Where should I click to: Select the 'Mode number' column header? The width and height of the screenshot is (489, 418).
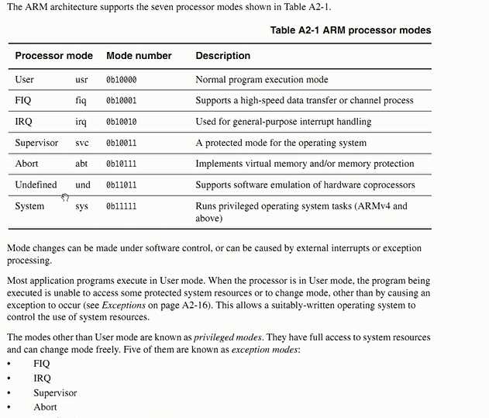pos(139,56)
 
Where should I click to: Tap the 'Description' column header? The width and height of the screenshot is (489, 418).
pos(223,56)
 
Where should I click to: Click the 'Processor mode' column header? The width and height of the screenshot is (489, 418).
pos(53,56)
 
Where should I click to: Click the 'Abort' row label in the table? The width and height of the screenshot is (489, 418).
pos(26,164)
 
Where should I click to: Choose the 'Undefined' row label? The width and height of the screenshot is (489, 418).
pos(36,185)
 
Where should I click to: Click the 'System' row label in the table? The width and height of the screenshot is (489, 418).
pos(30,206)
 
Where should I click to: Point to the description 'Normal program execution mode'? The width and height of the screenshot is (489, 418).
pos(262,80)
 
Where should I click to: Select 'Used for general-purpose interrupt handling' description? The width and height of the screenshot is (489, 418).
pos(283,122)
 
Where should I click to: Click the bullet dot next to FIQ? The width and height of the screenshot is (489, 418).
pos(9,364)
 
